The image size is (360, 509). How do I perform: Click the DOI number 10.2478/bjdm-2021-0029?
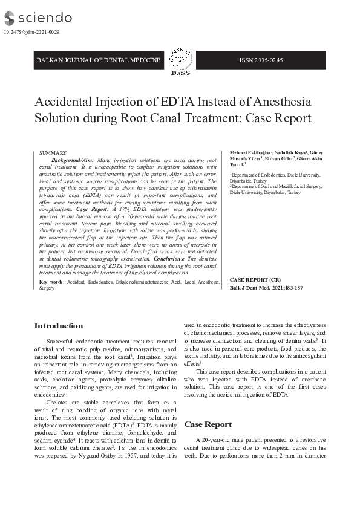point(31,31)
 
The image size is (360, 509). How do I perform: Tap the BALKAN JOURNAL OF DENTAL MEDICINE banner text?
point(99,60)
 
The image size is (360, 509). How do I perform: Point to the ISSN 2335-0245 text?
point(261,60)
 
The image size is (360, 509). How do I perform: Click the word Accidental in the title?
point(67,102)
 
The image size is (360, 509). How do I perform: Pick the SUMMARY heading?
point(53,154)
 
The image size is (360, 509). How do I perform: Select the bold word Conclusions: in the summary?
point(169,258)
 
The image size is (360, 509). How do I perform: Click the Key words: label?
point(52,282)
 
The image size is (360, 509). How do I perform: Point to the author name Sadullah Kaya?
point(291,152)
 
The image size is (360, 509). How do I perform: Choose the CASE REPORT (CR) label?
point(255,280)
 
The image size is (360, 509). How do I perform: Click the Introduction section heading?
point(58,326)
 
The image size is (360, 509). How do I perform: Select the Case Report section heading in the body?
point(208,424)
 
